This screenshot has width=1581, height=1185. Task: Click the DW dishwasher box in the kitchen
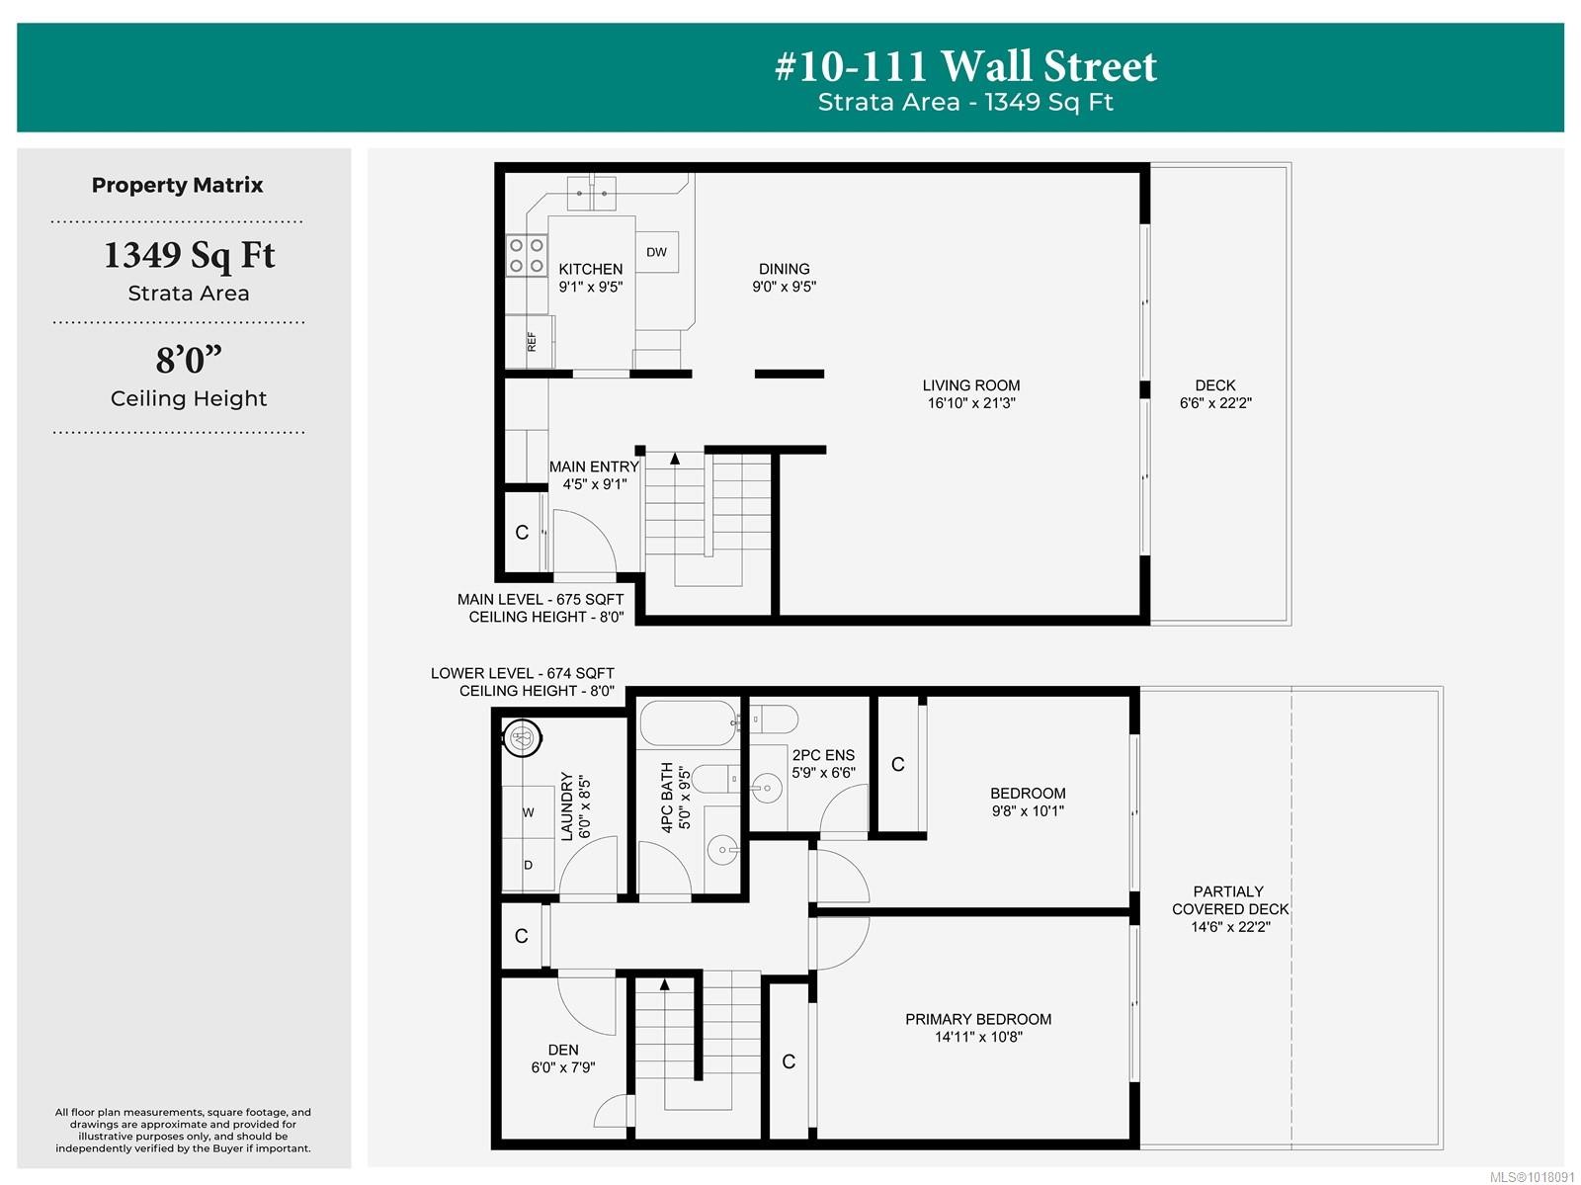[657, 252]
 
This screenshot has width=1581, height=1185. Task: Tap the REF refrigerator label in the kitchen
[532, 341]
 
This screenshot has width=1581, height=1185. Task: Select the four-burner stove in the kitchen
[526, 255]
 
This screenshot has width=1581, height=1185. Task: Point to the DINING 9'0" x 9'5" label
[785, 278]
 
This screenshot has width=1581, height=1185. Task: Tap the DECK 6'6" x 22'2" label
[1215, 393]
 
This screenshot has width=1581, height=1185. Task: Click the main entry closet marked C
[522, 533]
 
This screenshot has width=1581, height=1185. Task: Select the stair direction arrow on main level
[675, 459]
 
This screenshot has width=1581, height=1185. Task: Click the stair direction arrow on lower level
[665, 984]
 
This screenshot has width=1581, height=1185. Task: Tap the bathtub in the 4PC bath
[688, 723]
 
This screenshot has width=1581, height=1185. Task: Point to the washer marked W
[528, 812]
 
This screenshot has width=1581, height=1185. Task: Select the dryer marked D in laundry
[528, 865]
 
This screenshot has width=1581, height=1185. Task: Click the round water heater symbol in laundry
[521, 737]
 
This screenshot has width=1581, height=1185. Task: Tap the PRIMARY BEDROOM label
[978, 1027]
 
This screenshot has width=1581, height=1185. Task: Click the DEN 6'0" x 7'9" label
[563, 1058]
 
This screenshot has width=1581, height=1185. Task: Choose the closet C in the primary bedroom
[789, 1061]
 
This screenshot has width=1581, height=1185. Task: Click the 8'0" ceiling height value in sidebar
[189, 360]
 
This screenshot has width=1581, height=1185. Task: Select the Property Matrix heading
[178, 185]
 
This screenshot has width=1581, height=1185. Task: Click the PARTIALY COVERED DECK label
[1229, 908]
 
